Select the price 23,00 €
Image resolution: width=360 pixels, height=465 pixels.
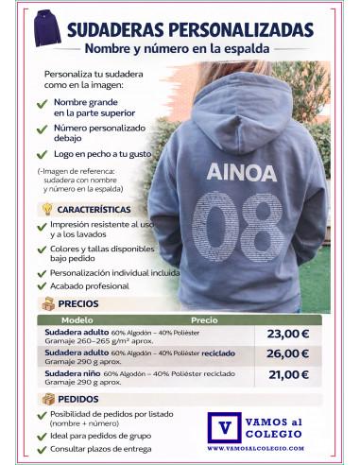(287, 334)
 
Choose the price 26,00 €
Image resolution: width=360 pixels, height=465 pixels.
(287, 354)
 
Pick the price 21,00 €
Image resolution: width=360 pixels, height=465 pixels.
(287, 375)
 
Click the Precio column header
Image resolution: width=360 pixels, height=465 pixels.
(204, 320)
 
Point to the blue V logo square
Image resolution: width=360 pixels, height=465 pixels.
(224, 426)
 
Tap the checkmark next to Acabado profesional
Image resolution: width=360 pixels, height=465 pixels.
(42, 286)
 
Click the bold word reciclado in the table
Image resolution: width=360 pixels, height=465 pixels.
(227, 351)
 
